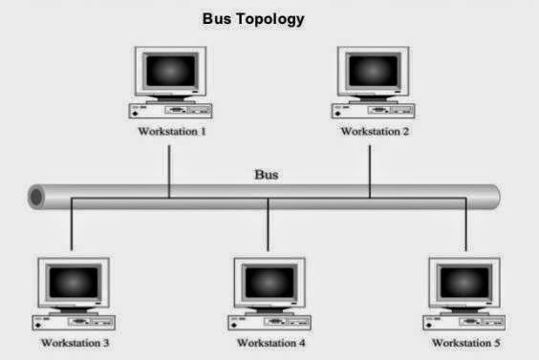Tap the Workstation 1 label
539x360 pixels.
click(172, 131)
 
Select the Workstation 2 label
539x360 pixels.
click(375, 131)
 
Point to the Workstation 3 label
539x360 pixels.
click(75, 341)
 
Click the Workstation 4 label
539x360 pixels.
click(270, 341)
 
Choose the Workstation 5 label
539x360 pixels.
click(465, 341)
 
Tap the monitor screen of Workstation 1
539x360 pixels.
click(172, 73)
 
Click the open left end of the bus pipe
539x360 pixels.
click(36, 198)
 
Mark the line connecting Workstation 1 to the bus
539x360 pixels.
click(169, 167)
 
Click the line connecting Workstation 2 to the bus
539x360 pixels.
click(370, 167)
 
